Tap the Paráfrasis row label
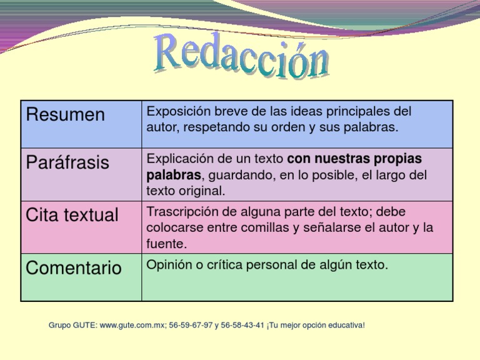pyautogui.click(x=67, y=163)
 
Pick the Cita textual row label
pyautogui.click(x=71, y=216)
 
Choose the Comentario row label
pyautogui.click(x=74, y=269)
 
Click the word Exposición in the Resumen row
pyautogui.click(x=176, y=112)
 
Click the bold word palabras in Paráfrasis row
pyautogui.click(x=174, y=174)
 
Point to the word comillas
pyautogui.click(x=264, y=227)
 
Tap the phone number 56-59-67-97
pyautogui.click(x=191, y=326)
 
